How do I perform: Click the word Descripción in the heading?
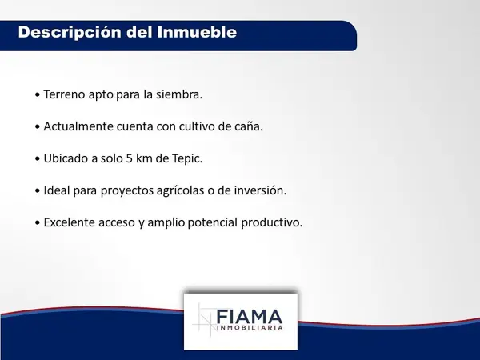pyautogui.click(x=70, y=33)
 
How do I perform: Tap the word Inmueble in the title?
pyautogui.click(x=197, y=32)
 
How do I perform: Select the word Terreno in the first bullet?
pyautogui.click(x=64, y=94)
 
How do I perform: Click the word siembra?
pyautogui.click(x=179, y=94)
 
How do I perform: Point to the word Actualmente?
pyautogui.click(x=78, y=126)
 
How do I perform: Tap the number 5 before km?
pyautogui.click(x=129, y=158)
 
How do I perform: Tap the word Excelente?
pyautogui.click(x=70, y=222)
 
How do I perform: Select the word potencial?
pyautogui.click(x=213, y=223)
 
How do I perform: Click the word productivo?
pyautogui.click(x=272, y=223)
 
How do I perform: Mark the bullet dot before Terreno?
pyautogui.click(x=38, y=95)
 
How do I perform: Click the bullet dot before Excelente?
pyautogui.click(x=38, y=223)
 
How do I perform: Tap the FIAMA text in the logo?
pyautogui.click(x=249, y=317)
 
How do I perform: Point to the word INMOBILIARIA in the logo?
pyautogui.click(x=250, y=328)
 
